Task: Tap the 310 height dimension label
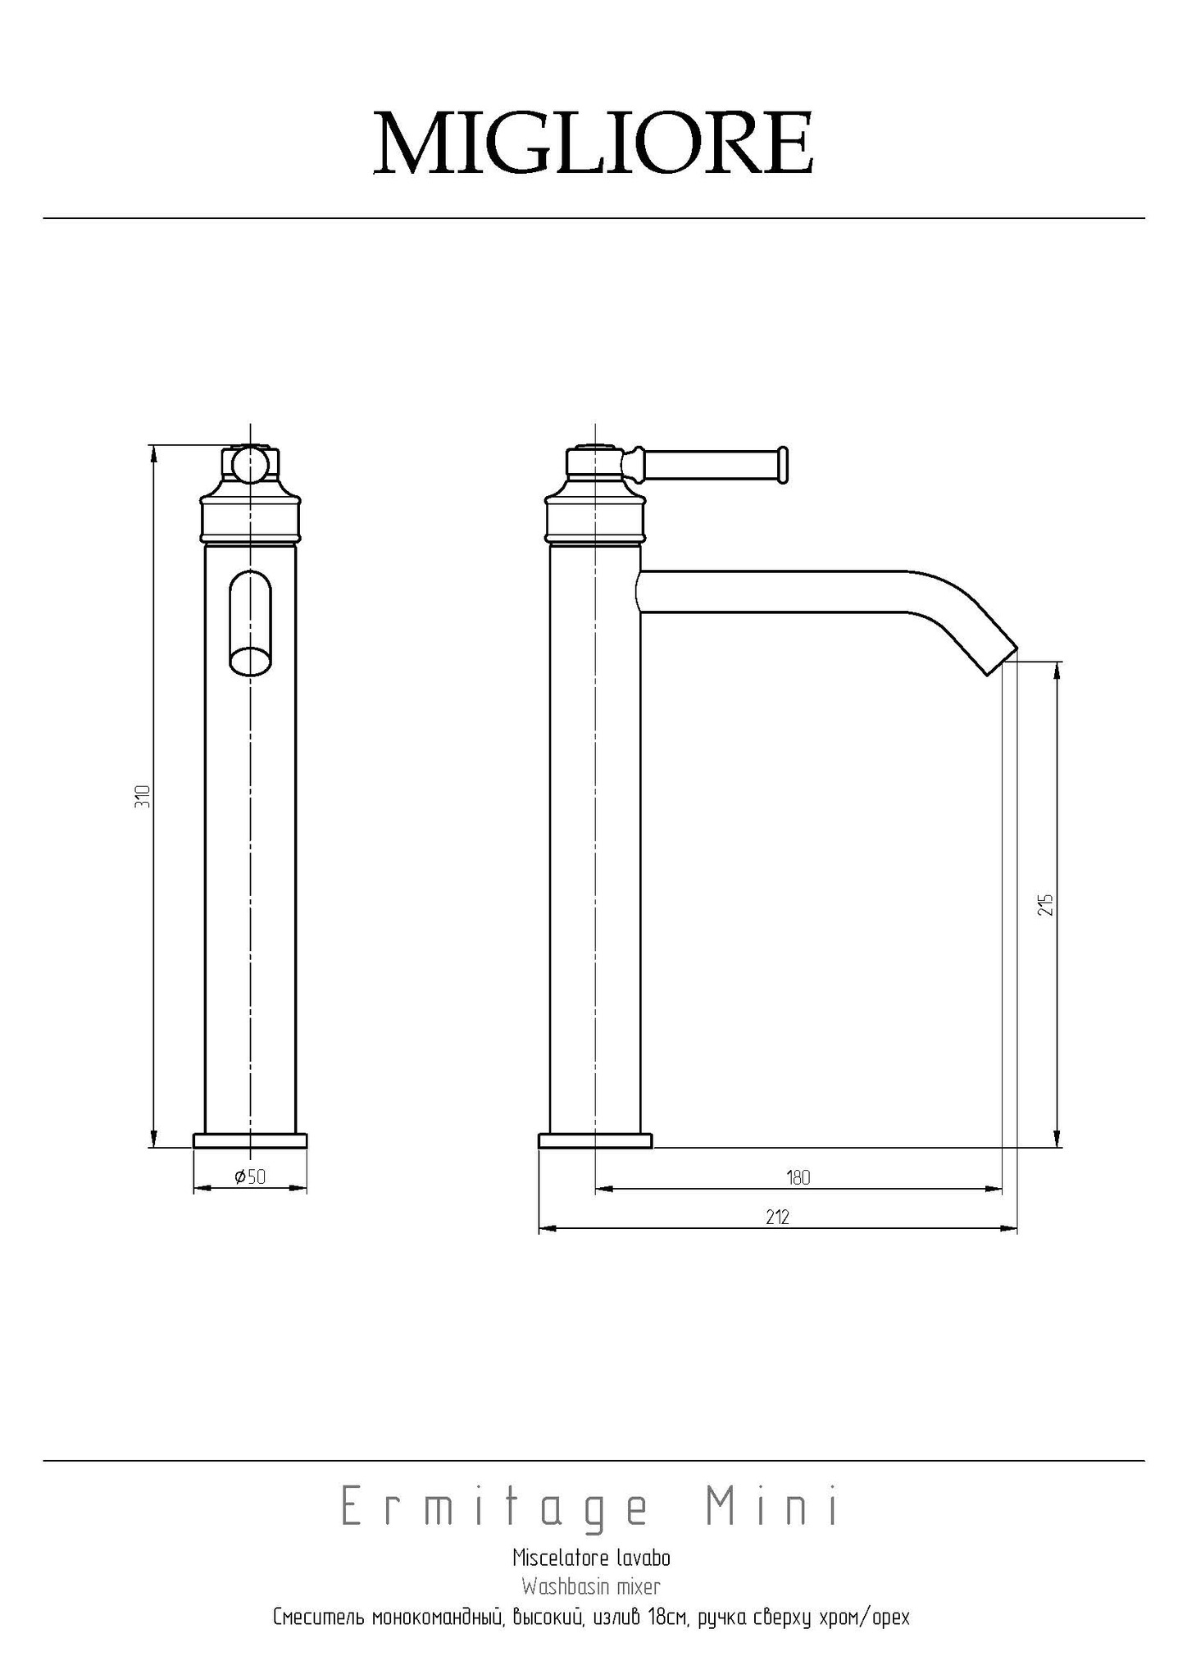[143, 796]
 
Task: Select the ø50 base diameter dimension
[250, 1176]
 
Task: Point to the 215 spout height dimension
[1045, 904]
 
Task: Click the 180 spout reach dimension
[798, 1177]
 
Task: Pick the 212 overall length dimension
[777, 1217]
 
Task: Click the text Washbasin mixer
[591, 1587]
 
